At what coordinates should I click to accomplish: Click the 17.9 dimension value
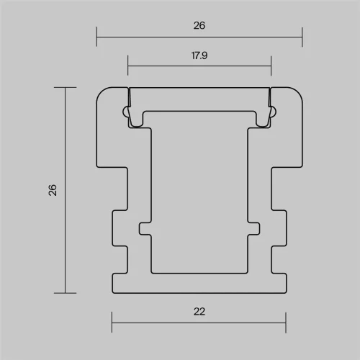click(199, 55)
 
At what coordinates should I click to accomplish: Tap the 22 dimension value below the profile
click(199, 312)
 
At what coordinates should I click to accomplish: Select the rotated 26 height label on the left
click(52, 190)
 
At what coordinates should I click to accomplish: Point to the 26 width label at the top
click(199, 25)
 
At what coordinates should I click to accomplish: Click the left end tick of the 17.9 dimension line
click(128, 65)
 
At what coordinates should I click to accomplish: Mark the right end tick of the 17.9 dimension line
click(271, 65)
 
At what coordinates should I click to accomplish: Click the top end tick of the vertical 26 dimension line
click(66, 87)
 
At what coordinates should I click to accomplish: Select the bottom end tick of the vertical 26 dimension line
click(66, 292)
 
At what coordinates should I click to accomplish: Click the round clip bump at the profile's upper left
click(127, 112)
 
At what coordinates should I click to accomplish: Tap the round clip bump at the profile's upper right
click(271, 112)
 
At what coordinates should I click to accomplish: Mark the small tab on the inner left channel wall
click(145, 228)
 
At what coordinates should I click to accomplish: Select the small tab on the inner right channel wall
click(254, 228)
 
